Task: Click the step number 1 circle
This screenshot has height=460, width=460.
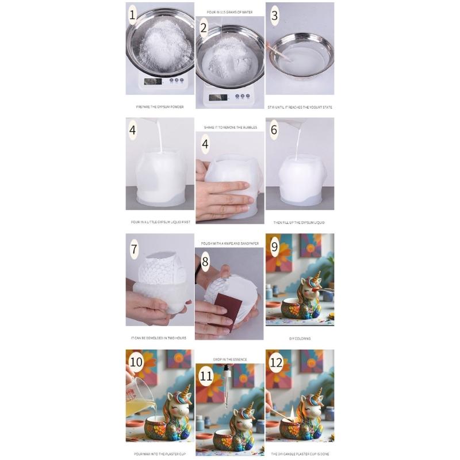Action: point(133,15)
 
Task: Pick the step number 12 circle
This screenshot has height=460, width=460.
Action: point(277,363)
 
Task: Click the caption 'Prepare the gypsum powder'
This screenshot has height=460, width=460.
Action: point(160,107)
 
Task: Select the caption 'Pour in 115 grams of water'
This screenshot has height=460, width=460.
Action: point(229,11)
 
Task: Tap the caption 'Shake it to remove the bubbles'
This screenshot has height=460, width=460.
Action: point(229,127)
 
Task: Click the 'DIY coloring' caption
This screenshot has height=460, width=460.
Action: point(300,338)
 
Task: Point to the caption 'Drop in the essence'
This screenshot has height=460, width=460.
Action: point(229,359)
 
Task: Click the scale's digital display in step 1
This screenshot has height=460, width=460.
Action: point(153,81)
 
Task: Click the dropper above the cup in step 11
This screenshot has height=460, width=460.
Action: point(227,385)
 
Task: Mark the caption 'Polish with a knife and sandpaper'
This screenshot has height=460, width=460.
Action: point(229,243)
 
